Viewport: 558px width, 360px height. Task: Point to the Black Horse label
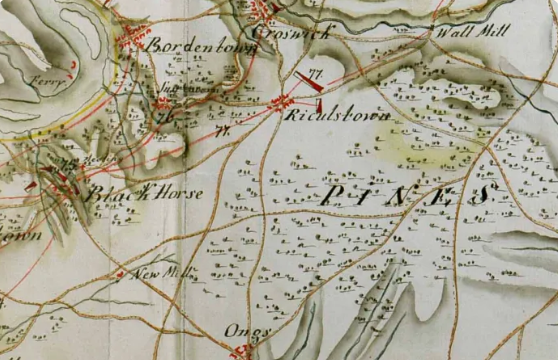pos(144,193)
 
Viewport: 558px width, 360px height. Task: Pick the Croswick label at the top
pos(290,33)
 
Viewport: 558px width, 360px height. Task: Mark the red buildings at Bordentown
pos(133,40)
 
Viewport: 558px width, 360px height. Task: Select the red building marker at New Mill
pos(120,273)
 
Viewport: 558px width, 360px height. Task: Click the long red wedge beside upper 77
pos(305,79)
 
